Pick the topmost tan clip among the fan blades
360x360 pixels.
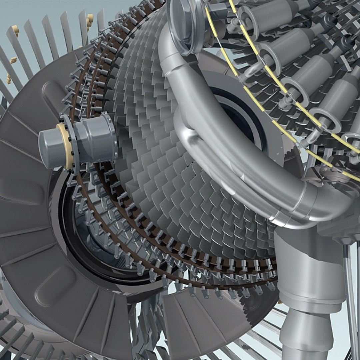coord(89,19)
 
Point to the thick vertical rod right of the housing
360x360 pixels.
coord(350,300)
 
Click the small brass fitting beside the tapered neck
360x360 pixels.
coord(279,302)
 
